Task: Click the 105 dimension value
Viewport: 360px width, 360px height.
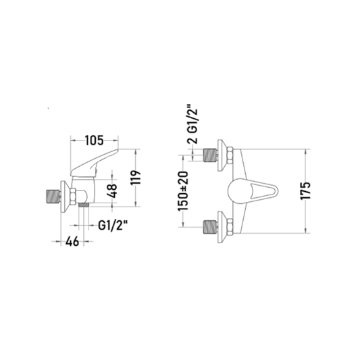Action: click(x=95, y=140)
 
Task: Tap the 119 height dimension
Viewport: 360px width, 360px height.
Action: click(x=135, y=178)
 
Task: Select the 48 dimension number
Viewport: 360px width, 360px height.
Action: click(x=113, y=190)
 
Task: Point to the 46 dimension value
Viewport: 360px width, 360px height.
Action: click(x=72, y=241)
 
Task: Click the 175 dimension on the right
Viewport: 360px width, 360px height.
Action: click(x=305, y=190)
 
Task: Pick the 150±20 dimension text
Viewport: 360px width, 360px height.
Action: click(x=183, y=190)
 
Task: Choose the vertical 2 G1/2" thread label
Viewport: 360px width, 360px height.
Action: click(x=192, y=124)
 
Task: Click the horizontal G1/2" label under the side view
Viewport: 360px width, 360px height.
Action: click(x=113, y=226)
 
